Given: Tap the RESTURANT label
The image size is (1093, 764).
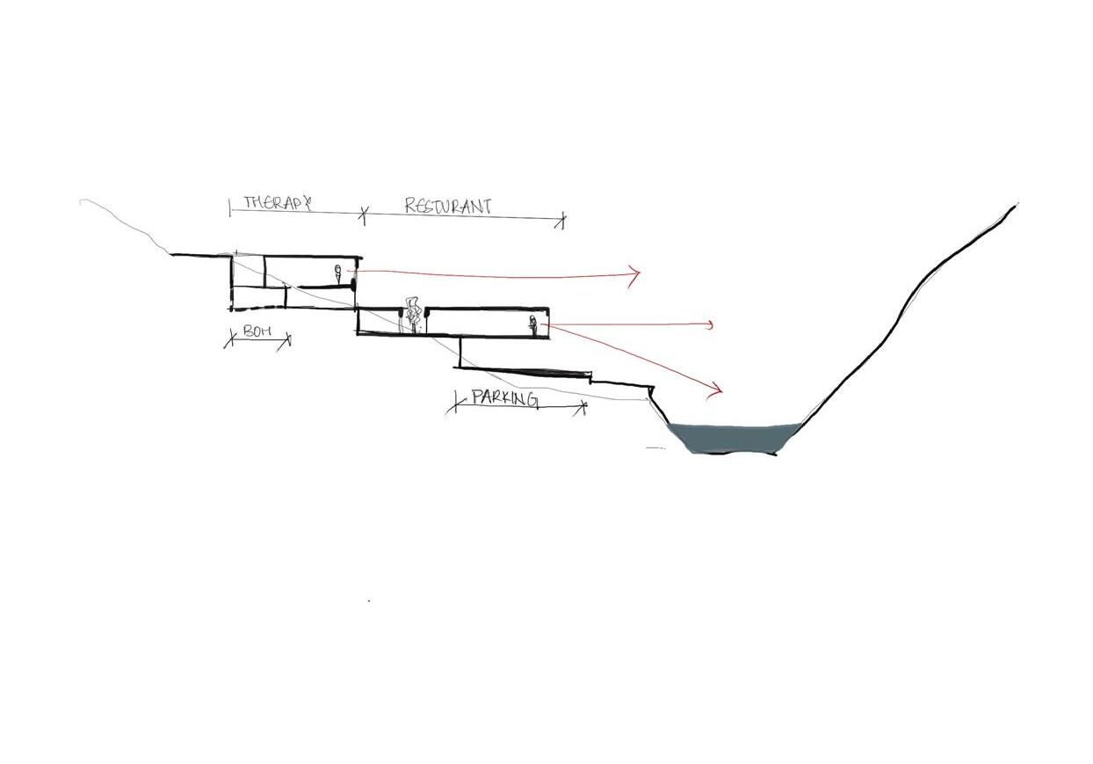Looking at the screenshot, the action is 447,207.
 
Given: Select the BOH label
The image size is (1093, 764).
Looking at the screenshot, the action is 255,331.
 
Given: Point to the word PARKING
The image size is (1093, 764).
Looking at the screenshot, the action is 504,397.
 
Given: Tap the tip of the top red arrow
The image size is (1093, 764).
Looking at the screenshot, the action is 640,274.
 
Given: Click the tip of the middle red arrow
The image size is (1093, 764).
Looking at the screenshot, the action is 712,325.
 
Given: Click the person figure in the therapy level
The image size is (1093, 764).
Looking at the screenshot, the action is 337,273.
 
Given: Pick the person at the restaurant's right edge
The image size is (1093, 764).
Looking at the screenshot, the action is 532,325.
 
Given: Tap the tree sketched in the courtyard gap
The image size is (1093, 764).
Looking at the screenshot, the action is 411,314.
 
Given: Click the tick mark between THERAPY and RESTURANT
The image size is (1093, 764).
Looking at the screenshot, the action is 364,212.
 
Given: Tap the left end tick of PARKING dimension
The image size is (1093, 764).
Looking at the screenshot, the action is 456,404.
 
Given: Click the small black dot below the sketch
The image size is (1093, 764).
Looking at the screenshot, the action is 369,600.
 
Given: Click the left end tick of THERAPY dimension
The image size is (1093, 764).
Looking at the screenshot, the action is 230,207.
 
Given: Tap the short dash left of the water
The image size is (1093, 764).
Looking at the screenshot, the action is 655,448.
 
